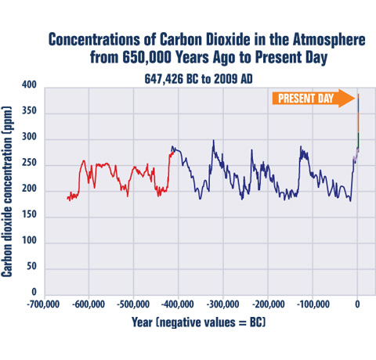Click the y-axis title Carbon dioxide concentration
(9, 199)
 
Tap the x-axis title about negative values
(201, 322)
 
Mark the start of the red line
(67, 199)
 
